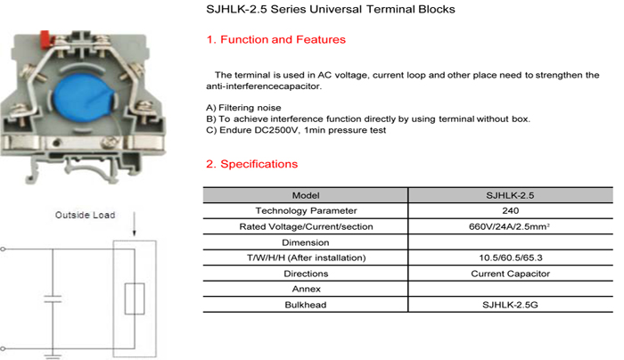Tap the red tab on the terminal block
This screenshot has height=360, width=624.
coord(45,38)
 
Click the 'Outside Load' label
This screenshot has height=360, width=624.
coord(86,216)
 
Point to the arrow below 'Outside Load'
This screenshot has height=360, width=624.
coord(134,224)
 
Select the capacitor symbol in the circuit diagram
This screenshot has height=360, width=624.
coord(53,299)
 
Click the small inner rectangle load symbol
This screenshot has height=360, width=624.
coord(135,299)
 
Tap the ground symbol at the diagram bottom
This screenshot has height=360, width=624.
coord(53,356)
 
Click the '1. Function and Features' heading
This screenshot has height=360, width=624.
coord(275,40)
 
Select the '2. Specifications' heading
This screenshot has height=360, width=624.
coord(251,164)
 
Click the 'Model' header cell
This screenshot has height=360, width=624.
coord(306,195)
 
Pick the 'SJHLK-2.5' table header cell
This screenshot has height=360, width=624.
coord(510,195)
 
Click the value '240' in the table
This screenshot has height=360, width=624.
coord(511,211)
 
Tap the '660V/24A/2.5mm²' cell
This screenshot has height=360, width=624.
coord(509,226)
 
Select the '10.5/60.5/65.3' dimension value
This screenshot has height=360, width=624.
coord(511,258)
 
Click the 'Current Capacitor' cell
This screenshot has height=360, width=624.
coord(510,274)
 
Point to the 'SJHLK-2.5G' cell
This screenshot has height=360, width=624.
coord(510,305)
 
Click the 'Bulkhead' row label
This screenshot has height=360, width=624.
coord(306,305)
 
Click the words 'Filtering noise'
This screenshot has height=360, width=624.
coord(250,108)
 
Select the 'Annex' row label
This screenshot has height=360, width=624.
coord(306,290)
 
